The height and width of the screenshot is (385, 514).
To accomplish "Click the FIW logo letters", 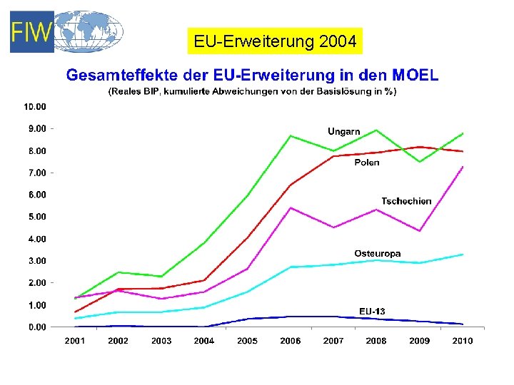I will [32, 33].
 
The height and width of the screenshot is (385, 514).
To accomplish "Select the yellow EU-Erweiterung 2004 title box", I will [275, 42].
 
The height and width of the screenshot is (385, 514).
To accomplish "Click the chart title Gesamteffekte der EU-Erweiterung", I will [252, 74].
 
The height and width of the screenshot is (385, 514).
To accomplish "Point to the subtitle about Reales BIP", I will [252, 91].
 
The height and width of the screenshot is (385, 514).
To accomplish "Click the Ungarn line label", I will [343, 131].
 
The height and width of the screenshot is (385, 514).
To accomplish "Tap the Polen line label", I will [367, 163].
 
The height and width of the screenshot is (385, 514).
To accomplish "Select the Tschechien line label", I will [406, 201].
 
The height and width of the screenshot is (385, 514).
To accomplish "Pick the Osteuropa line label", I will [377, 253].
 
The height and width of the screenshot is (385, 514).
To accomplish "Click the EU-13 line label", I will [371, 311].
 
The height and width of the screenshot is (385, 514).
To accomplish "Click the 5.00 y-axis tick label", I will [36, 217].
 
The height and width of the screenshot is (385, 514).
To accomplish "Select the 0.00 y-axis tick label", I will [36, 327].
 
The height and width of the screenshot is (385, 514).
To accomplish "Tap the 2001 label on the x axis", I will [75, 341].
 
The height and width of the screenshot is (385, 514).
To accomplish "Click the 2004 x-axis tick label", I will [204, 341].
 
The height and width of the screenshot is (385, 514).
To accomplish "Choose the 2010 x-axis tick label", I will [463, 341].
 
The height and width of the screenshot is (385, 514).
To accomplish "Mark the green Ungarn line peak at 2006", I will [291, 135].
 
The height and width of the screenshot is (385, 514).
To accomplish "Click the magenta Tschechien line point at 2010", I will [463, 167].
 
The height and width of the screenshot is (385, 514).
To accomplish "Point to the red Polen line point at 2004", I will [204, 280].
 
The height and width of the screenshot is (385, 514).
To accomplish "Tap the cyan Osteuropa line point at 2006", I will [291, 267].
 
